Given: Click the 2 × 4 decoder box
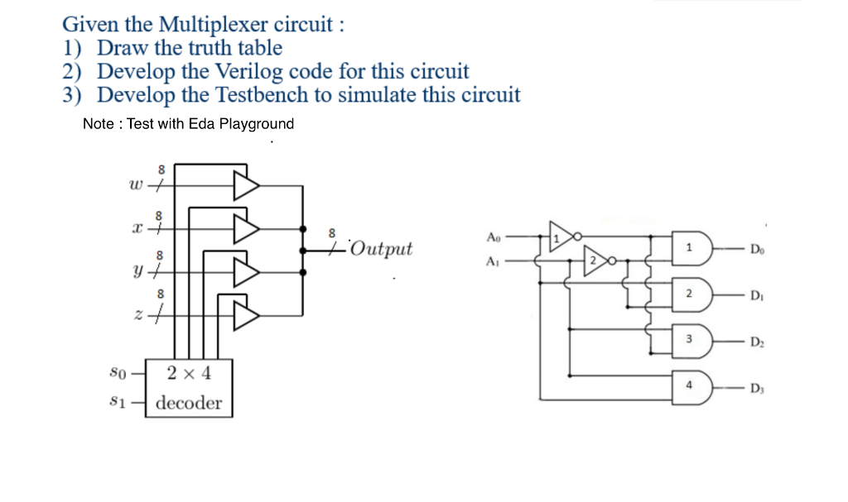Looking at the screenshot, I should [x=189, y=388].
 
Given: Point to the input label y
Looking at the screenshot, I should [x=134, y=270].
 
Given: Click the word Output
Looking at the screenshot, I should [x=380, y=249].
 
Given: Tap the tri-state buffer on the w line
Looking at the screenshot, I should [x=246, y=186].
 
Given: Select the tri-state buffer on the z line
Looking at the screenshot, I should [x=246, y=314].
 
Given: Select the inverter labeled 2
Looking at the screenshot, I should [x=595, y=260].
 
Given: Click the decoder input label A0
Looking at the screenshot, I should [x=494, y=237].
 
